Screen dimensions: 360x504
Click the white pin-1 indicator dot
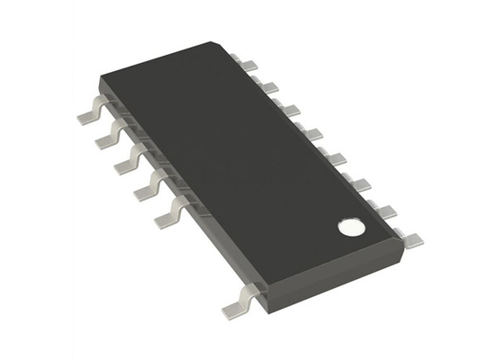tap(348, 227)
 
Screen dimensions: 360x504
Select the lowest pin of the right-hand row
tap(411, 238)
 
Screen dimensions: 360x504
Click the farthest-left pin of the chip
tap(87, 114)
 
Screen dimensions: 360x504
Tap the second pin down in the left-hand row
tap(107, 140)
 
